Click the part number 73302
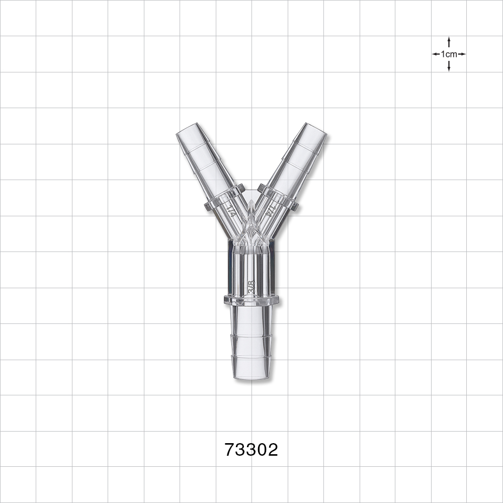(x=251, y=450)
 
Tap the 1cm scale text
(x=449, y=54)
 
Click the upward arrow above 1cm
(x=449, y=42)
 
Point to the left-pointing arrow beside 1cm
(x=436, y=54)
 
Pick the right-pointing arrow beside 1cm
(x=462, y=54)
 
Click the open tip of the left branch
(x=187, y=129)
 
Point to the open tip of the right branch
(x=316, y=129)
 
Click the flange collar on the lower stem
(x=251, y=300)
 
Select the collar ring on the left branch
(x=224, y=198)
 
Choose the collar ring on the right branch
(x=279, y=198)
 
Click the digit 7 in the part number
(x=230, y=450)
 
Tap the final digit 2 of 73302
(x=273, y=450)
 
